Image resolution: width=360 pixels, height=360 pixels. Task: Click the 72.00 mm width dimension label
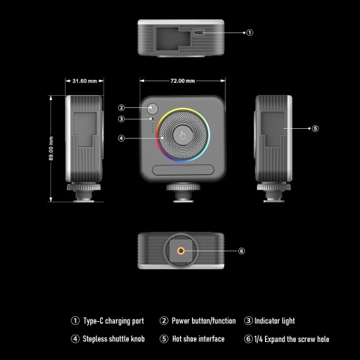(182, 81)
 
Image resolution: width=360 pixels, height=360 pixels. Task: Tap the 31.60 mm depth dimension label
(84, 81)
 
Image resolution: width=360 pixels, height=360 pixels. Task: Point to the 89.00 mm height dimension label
(51, 148)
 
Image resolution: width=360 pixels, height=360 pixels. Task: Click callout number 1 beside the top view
(250, 32)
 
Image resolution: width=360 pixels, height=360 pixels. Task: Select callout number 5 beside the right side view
(315, 129)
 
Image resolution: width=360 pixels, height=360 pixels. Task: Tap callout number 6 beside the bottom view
(241, 251)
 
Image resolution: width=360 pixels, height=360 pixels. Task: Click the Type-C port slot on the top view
(199, 32)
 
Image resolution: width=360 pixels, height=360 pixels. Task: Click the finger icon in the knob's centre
(183, 135)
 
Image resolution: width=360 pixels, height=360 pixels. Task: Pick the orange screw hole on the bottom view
(181, 251)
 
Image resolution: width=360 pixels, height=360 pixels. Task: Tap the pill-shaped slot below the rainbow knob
(183, 170)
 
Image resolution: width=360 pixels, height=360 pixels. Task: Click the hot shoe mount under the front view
(183, 193)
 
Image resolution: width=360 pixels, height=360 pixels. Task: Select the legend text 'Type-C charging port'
(114, 321)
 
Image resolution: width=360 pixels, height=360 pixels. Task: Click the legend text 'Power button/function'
(204, 321)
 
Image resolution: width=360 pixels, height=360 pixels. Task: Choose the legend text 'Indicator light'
(274, 321)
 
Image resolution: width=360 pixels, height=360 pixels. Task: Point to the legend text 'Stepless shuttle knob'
(114, 339)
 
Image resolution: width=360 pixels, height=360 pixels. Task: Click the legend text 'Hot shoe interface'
(198, 339)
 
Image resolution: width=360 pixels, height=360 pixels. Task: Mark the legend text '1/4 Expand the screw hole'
(292, 339)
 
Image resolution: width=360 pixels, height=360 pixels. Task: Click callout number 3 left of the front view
(122, 119)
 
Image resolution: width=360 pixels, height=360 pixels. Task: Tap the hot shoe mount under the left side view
(84, 193)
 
